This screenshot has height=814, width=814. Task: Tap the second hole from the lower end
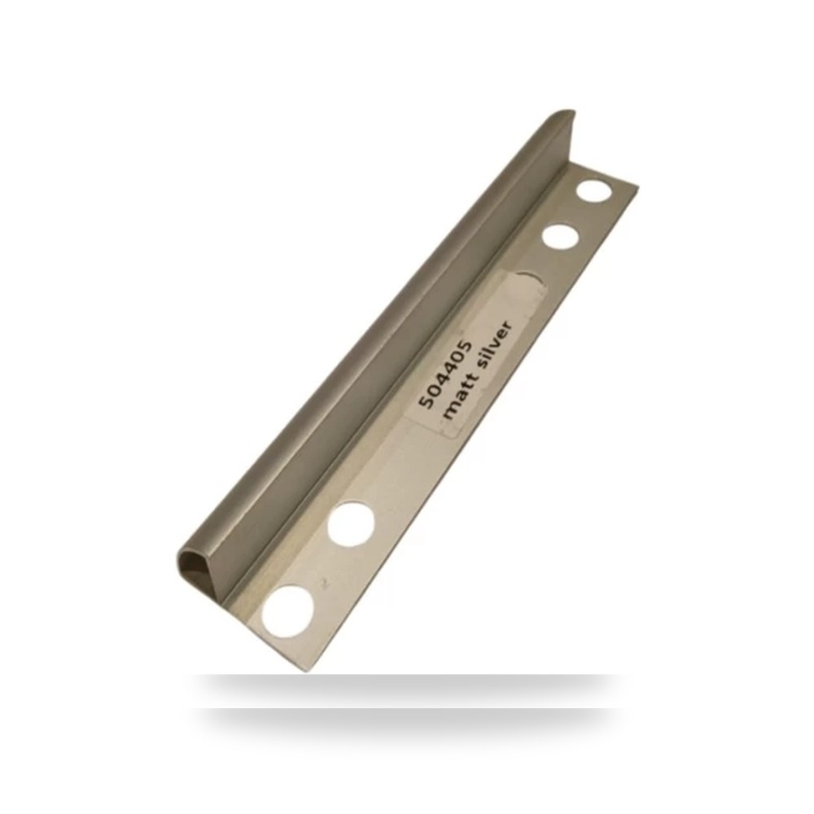[352, 523]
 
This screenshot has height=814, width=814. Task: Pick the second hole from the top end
[561, 237]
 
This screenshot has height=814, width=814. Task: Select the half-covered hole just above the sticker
[530, 274]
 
